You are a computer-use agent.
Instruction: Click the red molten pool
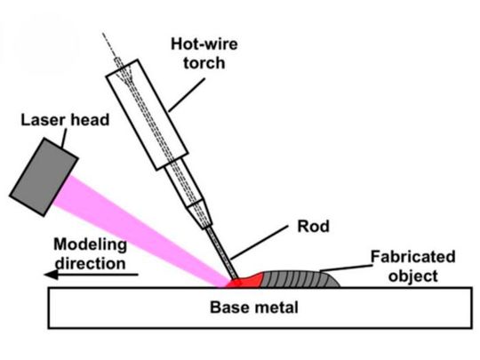(x=246, y=282)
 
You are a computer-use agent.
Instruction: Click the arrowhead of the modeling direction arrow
(x=52, y=276)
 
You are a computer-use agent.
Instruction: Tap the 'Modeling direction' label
(x=90, y=252)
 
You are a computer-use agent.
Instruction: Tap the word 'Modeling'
(x=90, y=244)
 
